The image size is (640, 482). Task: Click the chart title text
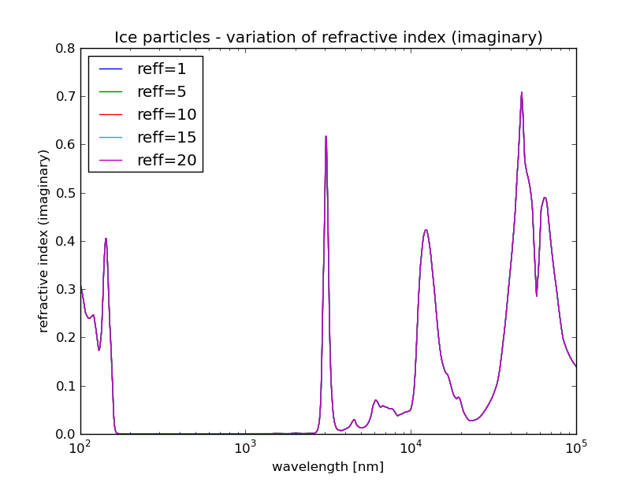click(328, 38)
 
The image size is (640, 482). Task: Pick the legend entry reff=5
click(161, 92)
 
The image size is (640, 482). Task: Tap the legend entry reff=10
click(166, 115)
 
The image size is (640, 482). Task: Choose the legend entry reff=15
click(166, 138)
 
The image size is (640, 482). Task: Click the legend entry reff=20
click(166, 161)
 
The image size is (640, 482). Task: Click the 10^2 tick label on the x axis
click(80, 449)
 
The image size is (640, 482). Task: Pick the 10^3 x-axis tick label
click(245, 449)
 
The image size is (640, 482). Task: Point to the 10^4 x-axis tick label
click(411, 449)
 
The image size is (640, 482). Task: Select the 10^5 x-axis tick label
click(576, 449)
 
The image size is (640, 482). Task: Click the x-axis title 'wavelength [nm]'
click(328, 467)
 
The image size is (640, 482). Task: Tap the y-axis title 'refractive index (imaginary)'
click(44, 241)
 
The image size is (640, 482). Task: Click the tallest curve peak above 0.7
click(521, 93)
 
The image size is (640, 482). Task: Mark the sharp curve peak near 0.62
click(326, 136)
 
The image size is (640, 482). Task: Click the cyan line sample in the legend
click(111, 138)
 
